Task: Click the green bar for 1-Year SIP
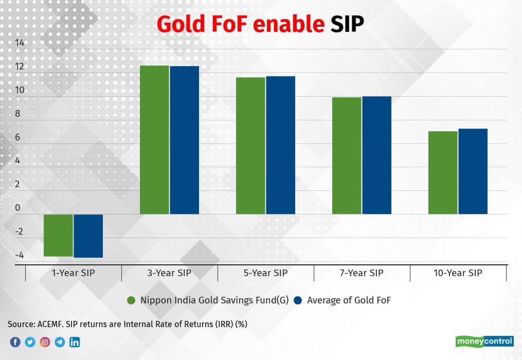point(58,235)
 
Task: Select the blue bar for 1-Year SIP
point(88,236)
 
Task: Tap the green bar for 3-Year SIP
point(154,139)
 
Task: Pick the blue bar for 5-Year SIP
point(280,145)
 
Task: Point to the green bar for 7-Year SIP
point(347,155)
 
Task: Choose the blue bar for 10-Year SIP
point(473,171)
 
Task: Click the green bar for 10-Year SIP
point(443,172)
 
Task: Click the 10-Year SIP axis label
point(458,273)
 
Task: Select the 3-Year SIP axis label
point(170,273)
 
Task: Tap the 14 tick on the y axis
point(20,43)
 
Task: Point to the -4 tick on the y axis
point(19,255)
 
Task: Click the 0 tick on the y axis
point(20,208)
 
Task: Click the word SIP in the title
point(347,25)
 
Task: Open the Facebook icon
point(15,342)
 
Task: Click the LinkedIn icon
point(75,342)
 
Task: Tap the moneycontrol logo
point(484,341)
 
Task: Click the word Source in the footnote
point(21,324)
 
